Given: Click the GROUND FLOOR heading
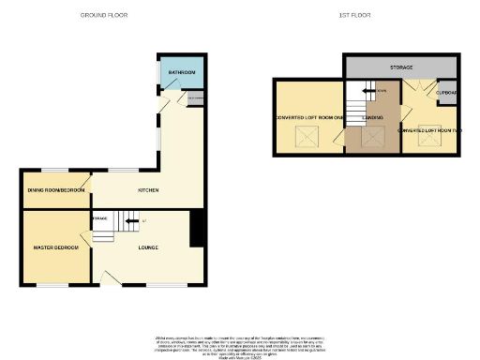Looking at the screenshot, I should click(104, 16).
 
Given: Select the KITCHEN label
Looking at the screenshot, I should click(147, 190).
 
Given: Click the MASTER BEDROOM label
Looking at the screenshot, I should click(55, 247).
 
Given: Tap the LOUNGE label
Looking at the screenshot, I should click(147, 247).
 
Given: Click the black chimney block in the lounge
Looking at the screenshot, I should click(197, 229).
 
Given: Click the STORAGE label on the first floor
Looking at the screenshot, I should click(402, 68).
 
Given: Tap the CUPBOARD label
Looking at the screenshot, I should click(446, 93).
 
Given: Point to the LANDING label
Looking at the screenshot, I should click(372, 117).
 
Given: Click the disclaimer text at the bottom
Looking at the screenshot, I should click(239, 343).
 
